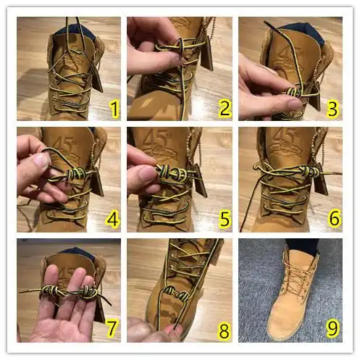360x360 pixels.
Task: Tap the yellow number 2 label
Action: tap(225, 109)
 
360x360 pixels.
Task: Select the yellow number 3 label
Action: tap(333, 109)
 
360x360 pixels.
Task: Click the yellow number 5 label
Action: tap(225, 219)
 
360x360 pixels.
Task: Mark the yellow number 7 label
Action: tap(112, 330)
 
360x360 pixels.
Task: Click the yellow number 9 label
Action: tap(332, 330)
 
